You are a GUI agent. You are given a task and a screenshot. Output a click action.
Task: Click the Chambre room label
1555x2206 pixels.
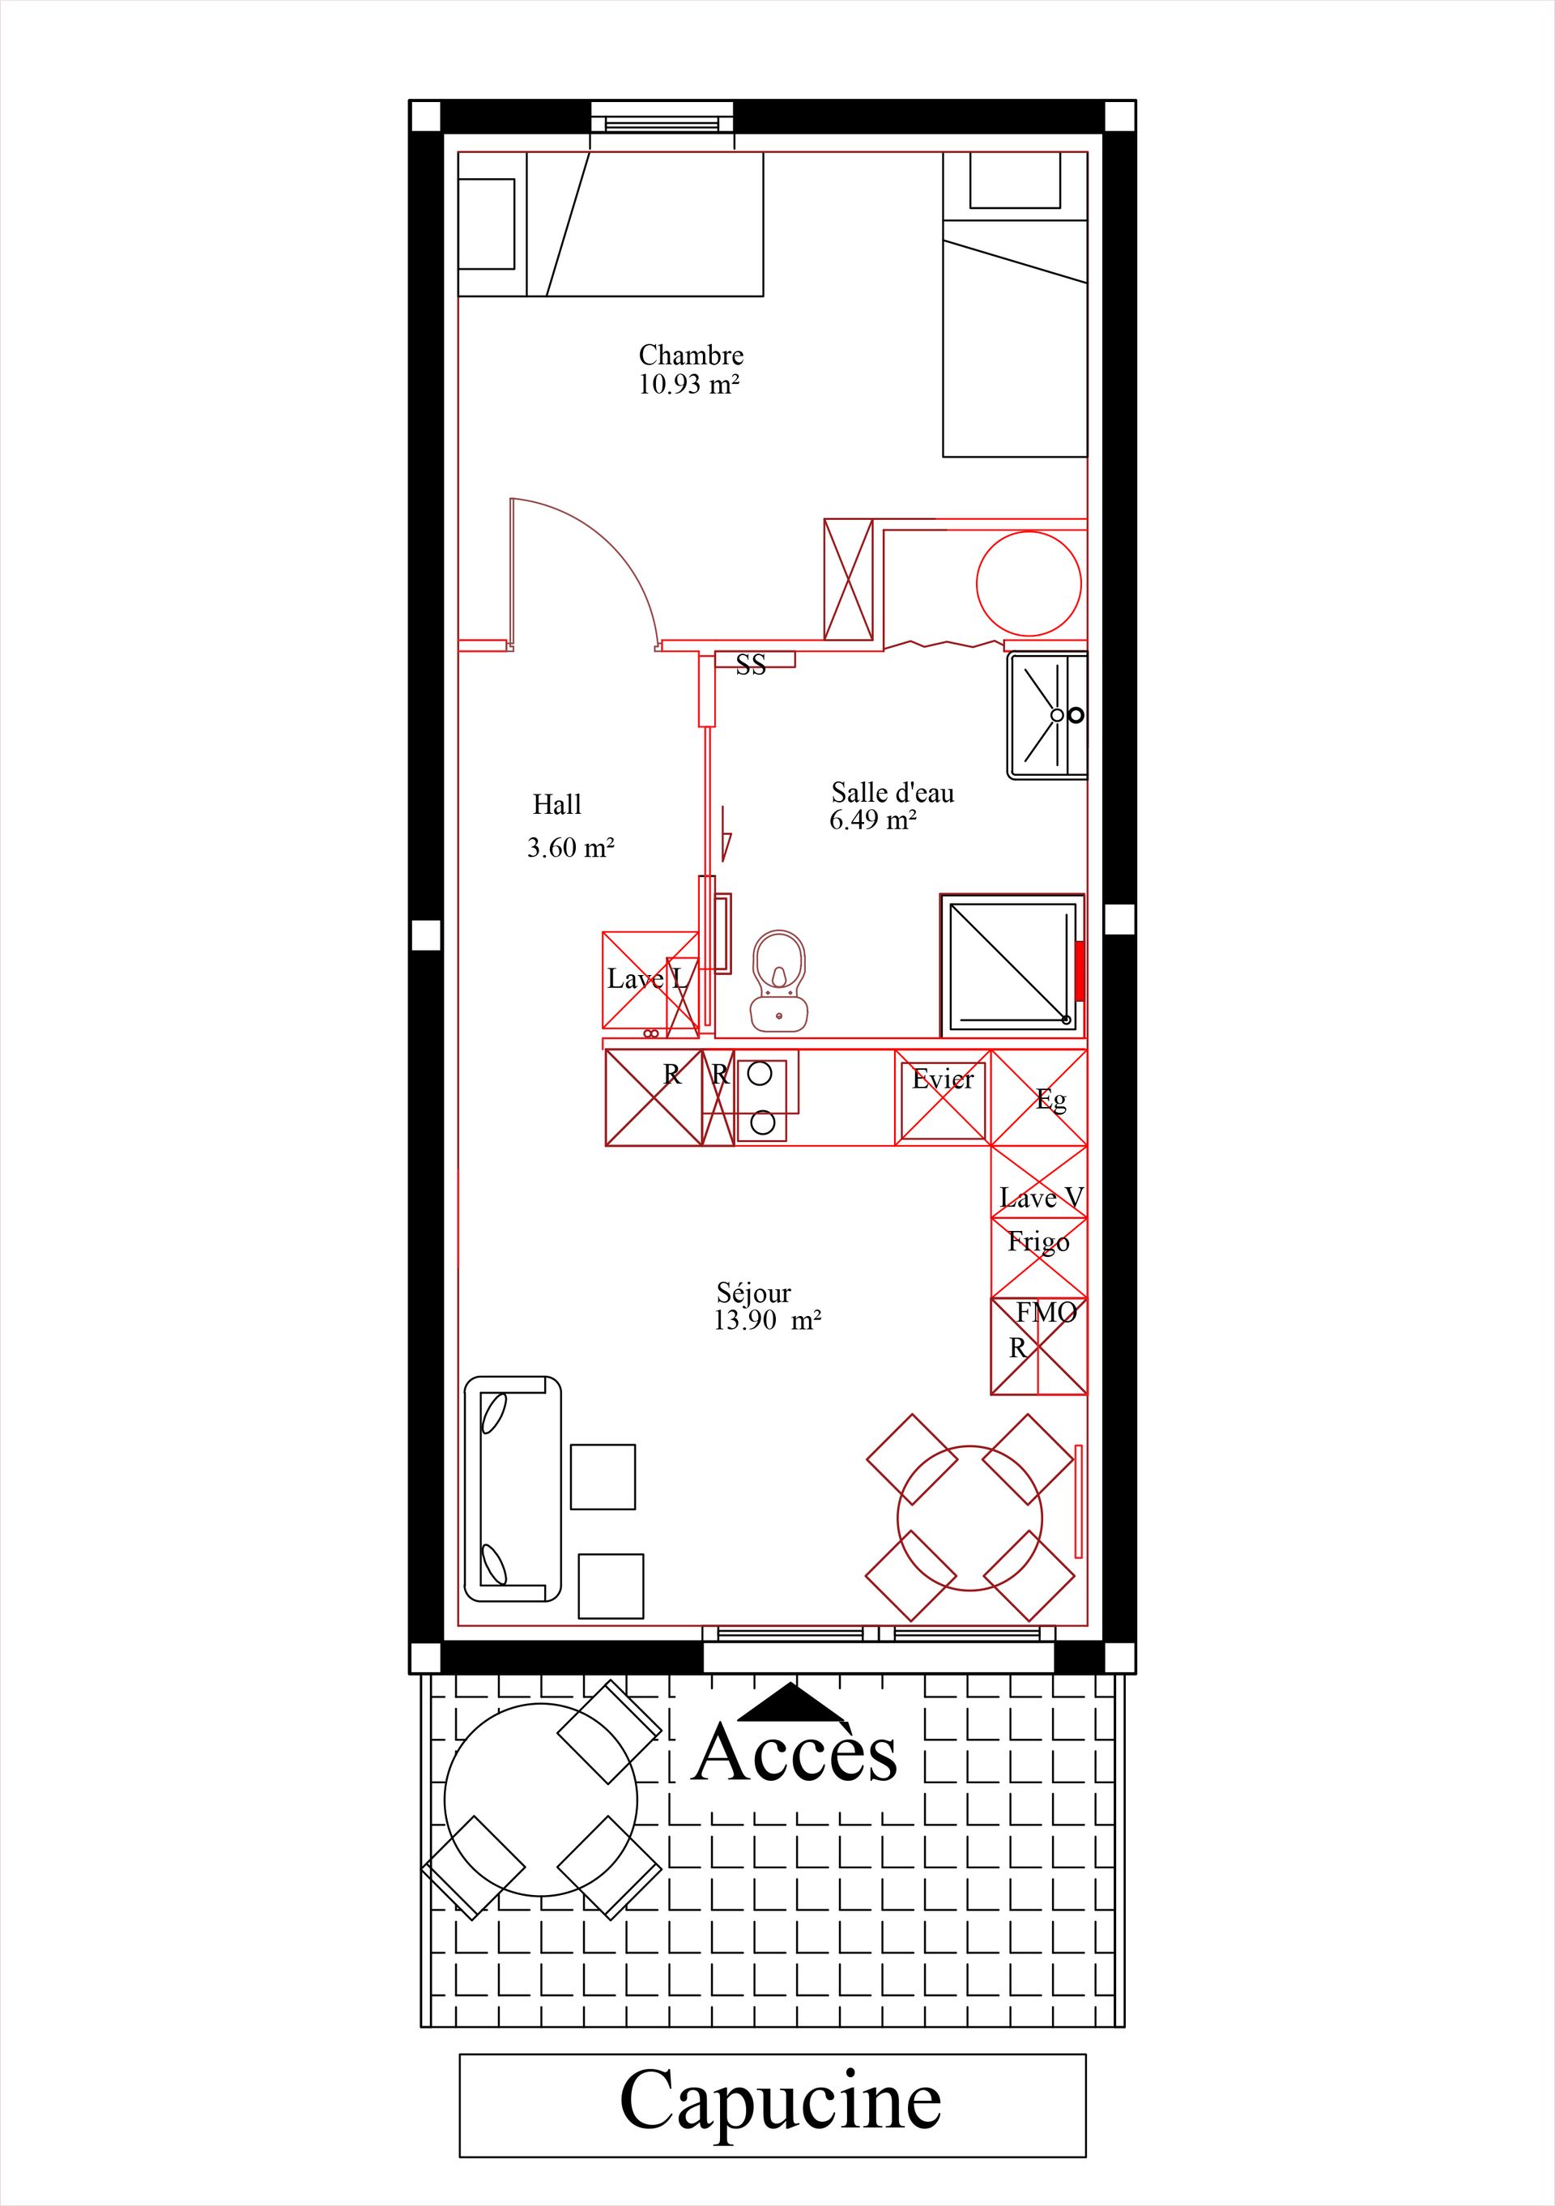point(691,356)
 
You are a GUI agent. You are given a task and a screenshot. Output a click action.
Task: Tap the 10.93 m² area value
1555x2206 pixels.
point(689,385)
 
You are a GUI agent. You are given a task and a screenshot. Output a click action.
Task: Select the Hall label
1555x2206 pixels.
point(557,804)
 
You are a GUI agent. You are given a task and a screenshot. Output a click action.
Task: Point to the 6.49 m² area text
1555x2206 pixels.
point(872,820)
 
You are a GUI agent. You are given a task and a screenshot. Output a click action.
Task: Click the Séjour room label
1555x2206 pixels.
point(753,1293)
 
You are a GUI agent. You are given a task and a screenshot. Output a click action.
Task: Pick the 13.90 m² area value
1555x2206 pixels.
point(767,1320)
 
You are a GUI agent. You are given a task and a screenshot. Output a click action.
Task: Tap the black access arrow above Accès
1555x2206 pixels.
point(793,1701)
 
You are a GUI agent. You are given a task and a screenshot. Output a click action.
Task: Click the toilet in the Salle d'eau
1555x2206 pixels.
point(779,980)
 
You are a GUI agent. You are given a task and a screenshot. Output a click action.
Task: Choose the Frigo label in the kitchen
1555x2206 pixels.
point(1038,1242)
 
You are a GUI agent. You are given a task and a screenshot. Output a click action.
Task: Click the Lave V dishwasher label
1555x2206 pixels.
point(1042,1198)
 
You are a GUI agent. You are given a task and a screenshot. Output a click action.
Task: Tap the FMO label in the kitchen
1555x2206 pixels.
point(1046,1311)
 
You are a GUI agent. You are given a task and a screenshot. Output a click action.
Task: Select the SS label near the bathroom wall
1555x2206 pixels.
point(752,665)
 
